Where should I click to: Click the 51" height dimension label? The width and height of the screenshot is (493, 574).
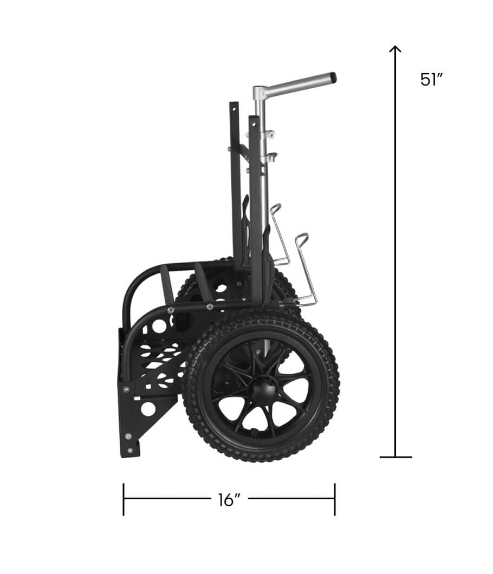coord(431,80)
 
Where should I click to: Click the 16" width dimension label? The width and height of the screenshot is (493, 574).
coord(229,500)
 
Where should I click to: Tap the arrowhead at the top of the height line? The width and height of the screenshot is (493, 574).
coord(395,49)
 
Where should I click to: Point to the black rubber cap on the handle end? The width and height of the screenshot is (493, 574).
coord(333,77)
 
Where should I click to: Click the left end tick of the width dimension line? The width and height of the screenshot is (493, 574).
coord(124,499)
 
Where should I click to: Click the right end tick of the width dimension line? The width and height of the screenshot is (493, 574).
coord(335,499)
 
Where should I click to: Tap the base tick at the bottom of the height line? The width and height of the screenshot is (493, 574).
coord(396,457)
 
